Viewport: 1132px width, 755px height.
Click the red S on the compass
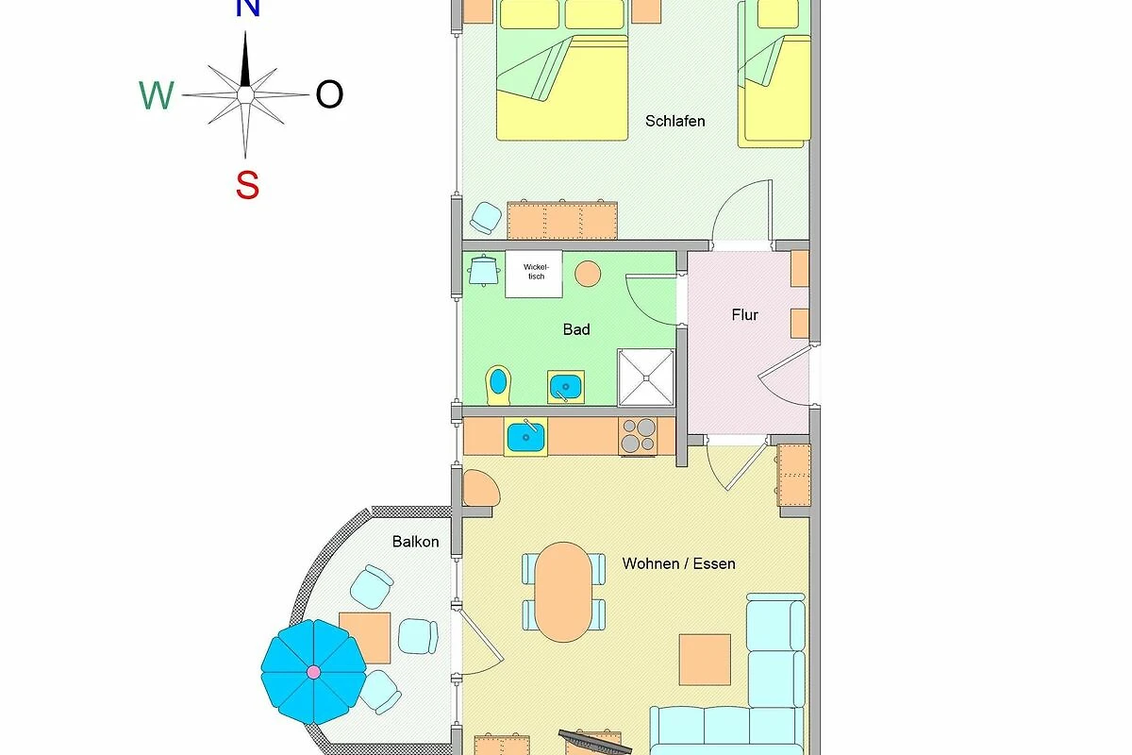click(x=247, y=185)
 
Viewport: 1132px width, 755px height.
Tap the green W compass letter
click(x=157, y=95)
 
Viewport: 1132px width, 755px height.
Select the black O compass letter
click(x=329, y=94)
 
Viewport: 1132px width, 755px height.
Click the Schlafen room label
click(x=674, y=122)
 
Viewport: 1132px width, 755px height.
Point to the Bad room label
click(x=576, y=329)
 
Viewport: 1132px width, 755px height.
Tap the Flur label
click(x=744, y=315)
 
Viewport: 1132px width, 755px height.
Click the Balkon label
click(x=415, y=542)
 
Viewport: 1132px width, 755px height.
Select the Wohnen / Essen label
click(x=678, y=563)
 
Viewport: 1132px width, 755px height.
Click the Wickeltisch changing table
click(x=534, y=274)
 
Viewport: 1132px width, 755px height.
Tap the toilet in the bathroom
click(x=498, y=385)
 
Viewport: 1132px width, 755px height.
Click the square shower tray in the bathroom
click(x=646, y=377)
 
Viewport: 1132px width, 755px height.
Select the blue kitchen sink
click(x=525, y=437)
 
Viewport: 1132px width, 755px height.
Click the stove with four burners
click(x=638, y=436)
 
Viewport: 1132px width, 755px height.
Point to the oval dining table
click(x=563, y=592)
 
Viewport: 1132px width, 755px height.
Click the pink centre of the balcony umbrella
click(x=313, y=672)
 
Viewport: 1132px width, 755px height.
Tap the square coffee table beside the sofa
click(x=705, y=660)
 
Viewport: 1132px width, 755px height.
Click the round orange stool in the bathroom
click(x=588, y=274)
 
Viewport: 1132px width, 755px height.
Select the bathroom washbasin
click(x=565, y=387)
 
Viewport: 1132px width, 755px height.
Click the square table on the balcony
click(x=365, y=638)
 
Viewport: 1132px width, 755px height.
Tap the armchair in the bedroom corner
click(x=486, y=218)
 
